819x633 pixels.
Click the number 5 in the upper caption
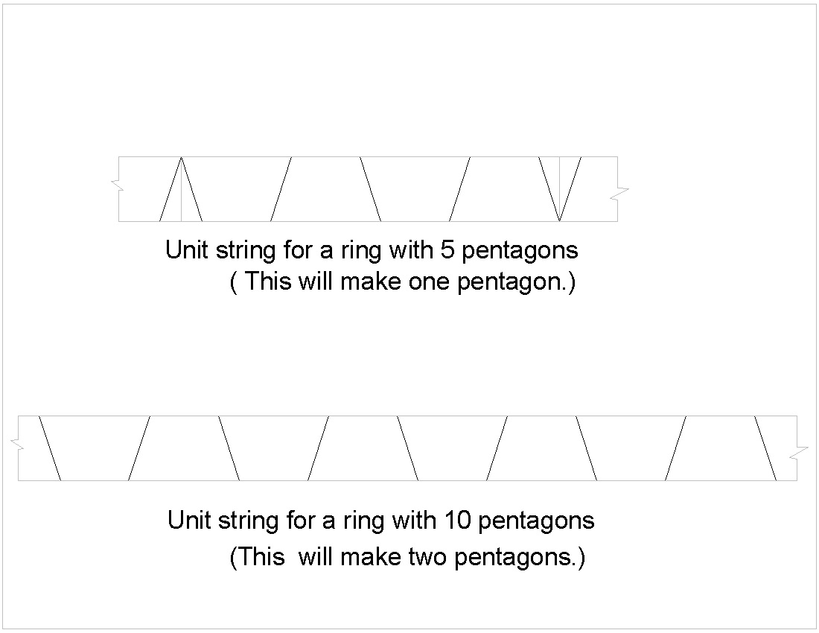click(x=447, y=250)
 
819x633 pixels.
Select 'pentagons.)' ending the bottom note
click(x=520, y=558)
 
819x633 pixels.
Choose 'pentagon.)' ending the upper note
click(x=517, y=283)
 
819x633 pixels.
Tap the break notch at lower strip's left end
click(x=16, y=443)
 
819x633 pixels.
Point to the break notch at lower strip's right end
click(x=799, y=454)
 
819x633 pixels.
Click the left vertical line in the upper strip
click(x=181, y=189)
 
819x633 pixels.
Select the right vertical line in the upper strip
click(x=559, y=189)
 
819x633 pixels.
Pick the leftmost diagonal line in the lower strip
click(x=50, y=448)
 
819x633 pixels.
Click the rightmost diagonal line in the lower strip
click(x=765, y=448)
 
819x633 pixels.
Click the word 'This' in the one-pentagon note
click(x=268, y=282)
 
